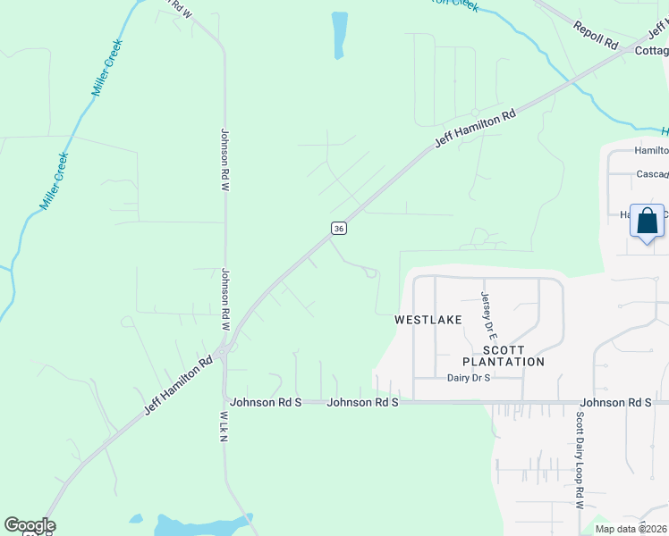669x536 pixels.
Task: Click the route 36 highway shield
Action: click(337, 229)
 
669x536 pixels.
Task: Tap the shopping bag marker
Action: click(647, 221)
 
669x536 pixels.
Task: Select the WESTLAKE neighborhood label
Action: click(429, 319)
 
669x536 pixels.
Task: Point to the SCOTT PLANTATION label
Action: click(503, 356)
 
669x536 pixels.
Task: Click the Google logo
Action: click(30, 525)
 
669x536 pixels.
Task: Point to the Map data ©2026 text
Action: click(631, 529)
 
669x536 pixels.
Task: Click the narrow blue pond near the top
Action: click(339, 35)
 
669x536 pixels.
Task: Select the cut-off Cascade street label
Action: click(652, 174)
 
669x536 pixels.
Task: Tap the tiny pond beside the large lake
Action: click(136, 518)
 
